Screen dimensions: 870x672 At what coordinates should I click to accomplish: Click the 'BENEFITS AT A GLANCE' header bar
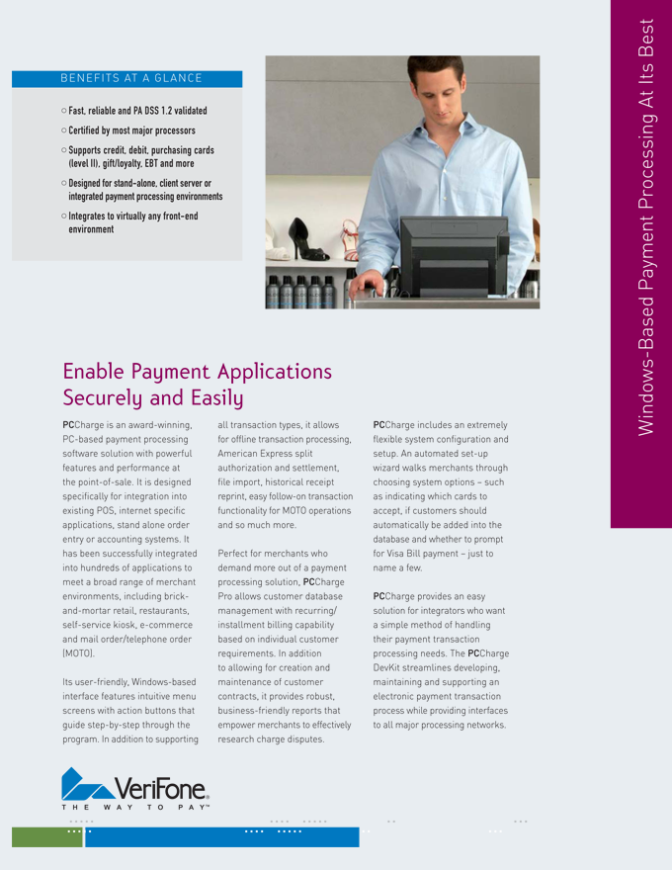pos(126,78)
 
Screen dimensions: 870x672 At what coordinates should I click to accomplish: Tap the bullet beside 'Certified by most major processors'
pos(63,130)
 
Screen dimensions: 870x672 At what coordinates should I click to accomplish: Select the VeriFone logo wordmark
pos(161,788)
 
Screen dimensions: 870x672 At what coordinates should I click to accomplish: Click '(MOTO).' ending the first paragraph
pos(80,654)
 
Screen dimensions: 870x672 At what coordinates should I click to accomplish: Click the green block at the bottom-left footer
pos(47,837)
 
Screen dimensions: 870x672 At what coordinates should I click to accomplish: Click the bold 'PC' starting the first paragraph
pos(68,424)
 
